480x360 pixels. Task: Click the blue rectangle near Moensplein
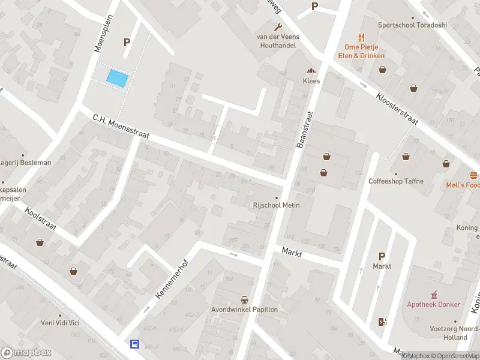118,78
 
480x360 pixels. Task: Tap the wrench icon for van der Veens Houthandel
278,27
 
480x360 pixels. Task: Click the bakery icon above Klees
311,71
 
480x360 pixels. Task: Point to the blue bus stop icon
135,344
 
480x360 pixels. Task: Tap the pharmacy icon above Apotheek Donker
434,295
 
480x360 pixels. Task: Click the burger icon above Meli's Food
474,175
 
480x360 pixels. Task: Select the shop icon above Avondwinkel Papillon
244,299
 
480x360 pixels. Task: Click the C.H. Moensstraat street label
120,128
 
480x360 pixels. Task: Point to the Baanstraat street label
305,130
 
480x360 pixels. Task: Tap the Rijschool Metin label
275,205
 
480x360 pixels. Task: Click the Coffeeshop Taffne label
395,181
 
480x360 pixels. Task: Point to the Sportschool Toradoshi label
412,25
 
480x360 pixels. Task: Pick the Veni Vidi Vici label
60,323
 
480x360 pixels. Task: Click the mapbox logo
25,352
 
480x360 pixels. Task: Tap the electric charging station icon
382,322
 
